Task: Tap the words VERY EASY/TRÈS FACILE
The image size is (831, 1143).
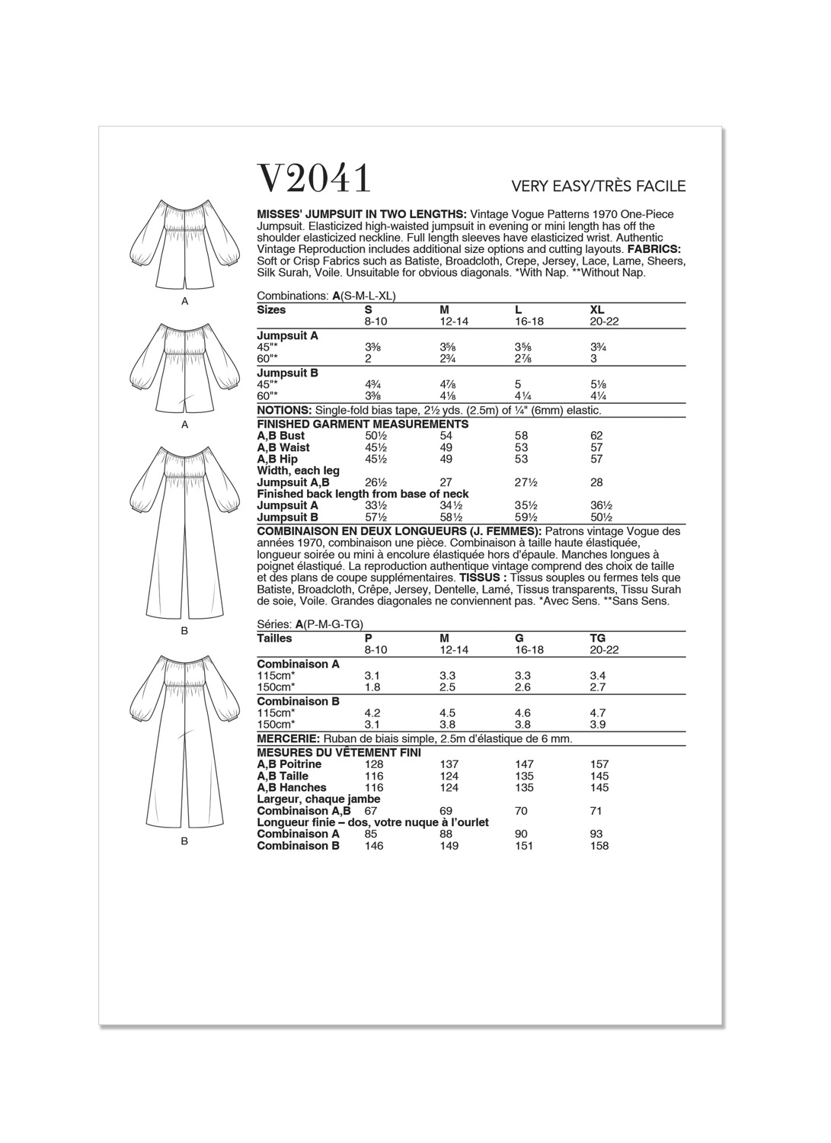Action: coord(599,186)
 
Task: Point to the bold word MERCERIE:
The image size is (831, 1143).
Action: coord(289,738)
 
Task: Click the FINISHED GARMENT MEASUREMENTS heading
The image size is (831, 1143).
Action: coord(363,424)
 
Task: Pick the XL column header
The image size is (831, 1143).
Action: coord(597,309)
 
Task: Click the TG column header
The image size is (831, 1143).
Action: coord(598,638)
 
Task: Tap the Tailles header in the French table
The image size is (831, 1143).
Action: coord(275,638)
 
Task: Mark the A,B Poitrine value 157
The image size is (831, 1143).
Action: coord(600,764)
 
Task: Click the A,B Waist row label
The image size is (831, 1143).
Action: coord(283,447)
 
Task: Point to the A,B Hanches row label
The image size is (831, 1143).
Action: coord(292,787)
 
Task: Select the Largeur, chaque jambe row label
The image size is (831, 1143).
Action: coord(318,799)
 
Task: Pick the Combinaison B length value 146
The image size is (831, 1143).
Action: coord(374,846)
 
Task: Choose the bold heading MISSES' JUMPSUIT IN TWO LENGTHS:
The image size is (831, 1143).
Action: coord(362,214)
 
